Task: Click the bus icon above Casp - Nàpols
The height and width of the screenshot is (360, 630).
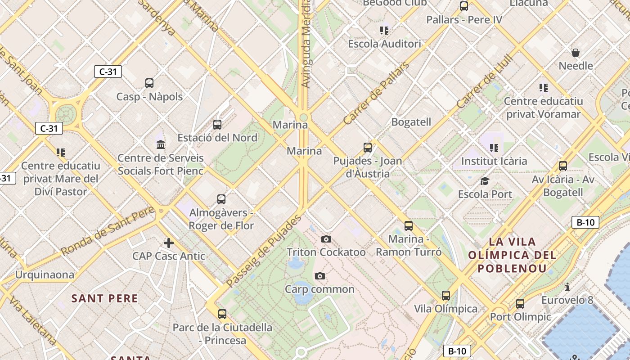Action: point(149,83)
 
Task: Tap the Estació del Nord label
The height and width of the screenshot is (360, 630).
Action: point(217,138)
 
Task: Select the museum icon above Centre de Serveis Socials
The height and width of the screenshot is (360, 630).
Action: point(161,144)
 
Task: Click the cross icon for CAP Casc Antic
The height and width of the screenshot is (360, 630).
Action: point(169,243)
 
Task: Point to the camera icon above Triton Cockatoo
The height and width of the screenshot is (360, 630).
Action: point(326,239)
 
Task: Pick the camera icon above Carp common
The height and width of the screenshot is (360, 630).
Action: point(320,276)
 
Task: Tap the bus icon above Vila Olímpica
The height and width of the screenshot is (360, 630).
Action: point(446,296)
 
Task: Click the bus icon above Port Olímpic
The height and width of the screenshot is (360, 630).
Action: point(520,304)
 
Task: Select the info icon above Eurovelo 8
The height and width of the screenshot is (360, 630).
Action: point(567,287)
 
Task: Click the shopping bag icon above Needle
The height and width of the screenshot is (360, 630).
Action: point(576,53)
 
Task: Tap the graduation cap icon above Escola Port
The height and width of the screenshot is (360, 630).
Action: point(485,181)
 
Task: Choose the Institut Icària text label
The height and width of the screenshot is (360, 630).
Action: point(494,161)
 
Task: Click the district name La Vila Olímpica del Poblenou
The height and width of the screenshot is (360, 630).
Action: point(512,255)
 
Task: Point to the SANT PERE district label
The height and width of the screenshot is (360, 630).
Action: point(105,298)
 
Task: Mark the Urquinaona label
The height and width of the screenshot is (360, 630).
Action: point(45,274)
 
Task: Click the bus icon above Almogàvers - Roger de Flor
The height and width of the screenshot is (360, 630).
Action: point(221,199)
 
